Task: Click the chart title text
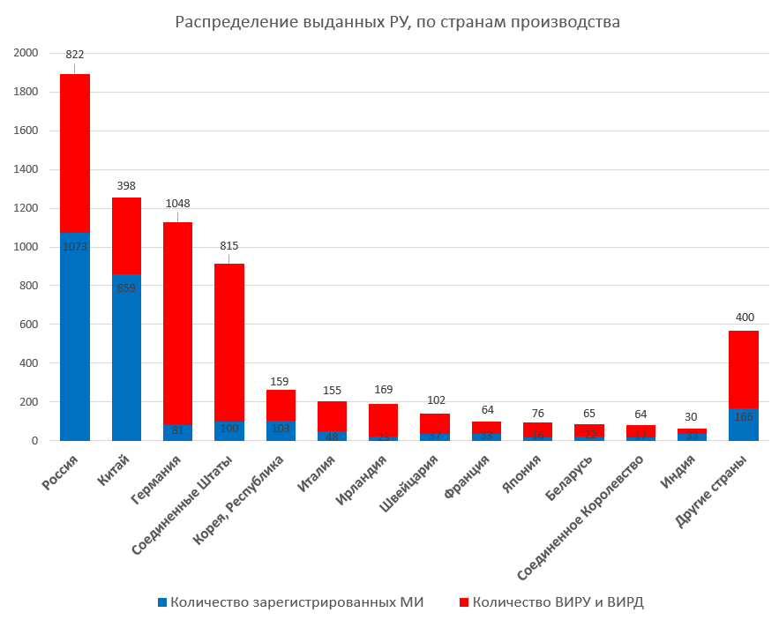397,22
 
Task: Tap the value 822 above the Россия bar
75,55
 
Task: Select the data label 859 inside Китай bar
126,288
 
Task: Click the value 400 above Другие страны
744,317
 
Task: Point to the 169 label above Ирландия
384,389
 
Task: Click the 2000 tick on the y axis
27,54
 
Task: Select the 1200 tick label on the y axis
27,209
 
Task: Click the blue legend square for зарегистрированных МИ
161,602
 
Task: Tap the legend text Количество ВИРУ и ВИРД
558,602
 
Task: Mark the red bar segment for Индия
693,430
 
